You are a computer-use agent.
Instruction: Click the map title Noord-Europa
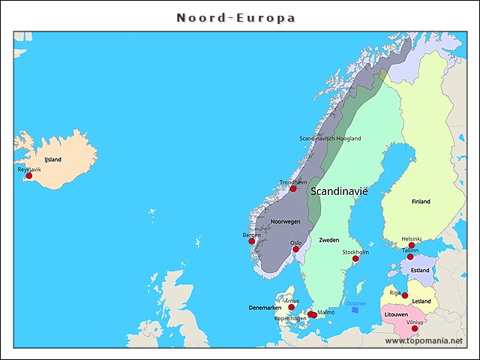[235, 17]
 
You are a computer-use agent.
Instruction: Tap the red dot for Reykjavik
[29, 176]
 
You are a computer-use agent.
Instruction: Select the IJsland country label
[52, 160]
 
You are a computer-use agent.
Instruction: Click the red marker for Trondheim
[293, 188]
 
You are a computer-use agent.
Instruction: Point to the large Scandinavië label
[340, 192]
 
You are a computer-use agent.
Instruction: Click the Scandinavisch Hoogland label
[330, 139]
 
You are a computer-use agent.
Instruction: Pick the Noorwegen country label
[285, 222]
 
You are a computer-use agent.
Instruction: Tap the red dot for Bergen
[252, 241]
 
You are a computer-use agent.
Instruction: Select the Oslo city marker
[295, 249]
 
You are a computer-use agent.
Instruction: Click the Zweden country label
[329, 241]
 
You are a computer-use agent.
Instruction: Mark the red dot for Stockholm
[356, 259]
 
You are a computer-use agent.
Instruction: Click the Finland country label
[421, 202]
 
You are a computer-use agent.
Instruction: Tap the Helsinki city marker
[412, 245]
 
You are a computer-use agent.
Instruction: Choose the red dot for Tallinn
[410, 256]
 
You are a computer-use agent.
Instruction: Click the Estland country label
[420, 271]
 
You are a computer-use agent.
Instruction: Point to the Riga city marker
[405, 295]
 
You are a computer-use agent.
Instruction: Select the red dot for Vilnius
[415, 328]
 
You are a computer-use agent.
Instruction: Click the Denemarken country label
[265, 308]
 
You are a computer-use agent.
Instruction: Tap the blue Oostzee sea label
[355, 303]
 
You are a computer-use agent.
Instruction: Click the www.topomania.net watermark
[424, 340]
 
